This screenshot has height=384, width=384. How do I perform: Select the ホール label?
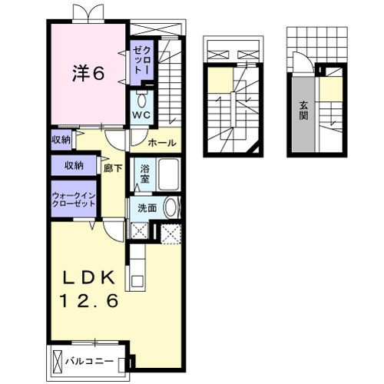click(162, 142)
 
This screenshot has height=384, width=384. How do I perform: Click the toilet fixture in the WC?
click(141, 99)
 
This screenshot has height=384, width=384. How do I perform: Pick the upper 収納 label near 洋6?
click(62, 139)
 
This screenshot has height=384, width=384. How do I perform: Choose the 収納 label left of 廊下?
click(74, 165)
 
